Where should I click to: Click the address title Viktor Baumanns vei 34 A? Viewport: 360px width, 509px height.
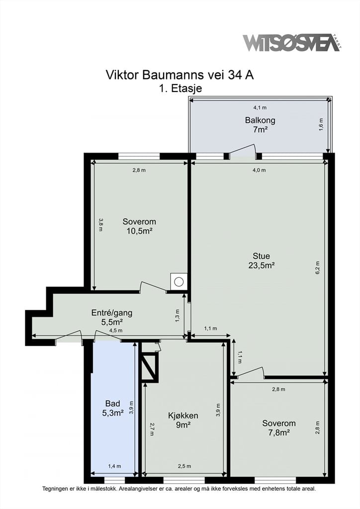click(180, 75)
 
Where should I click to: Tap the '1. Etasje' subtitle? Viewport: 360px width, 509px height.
click(180, 88)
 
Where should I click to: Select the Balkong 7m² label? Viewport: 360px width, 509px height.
click(260, 125)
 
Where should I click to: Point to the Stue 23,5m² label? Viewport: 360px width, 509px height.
click(262, 260)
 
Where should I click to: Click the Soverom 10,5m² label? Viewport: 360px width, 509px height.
click(139, 226)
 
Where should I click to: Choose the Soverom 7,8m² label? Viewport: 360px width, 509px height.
click(279, 428)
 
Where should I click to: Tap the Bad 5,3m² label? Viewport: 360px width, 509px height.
click(113, 408)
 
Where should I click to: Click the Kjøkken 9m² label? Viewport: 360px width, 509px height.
click(183, 420)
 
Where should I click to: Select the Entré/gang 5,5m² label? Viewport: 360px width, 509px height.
click(112, 318)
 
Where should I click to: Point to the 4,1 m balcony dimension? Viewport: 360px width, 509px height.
click(260, 107)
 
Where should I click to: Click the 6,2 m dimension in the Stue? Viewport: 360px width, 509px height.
click(318, 268)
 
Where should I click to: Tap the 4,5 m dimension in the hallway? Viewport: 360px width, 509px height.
click(116, 331)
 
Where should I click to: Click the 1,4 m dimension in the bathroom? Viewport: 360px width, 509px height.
click(114, 466)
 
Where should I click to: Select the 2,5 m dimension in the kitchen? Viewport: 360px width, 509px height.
click(184, 466)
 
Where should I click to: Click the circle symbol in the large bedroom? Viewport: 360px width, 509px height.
click(179, 281)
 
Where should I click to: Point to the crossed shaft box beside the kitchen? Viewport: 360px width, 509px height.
click(149, 367)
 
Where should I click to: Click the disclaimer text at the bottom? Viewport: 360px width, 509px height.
click(179, 489)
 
